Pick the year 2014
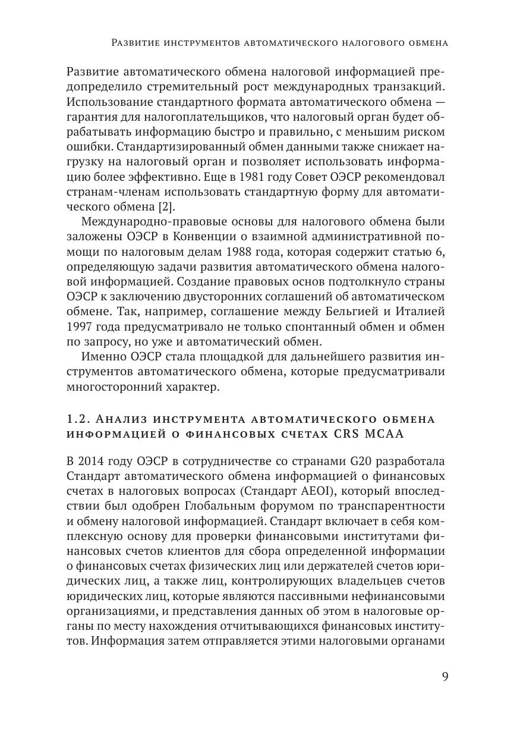(x=94, y=462)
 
